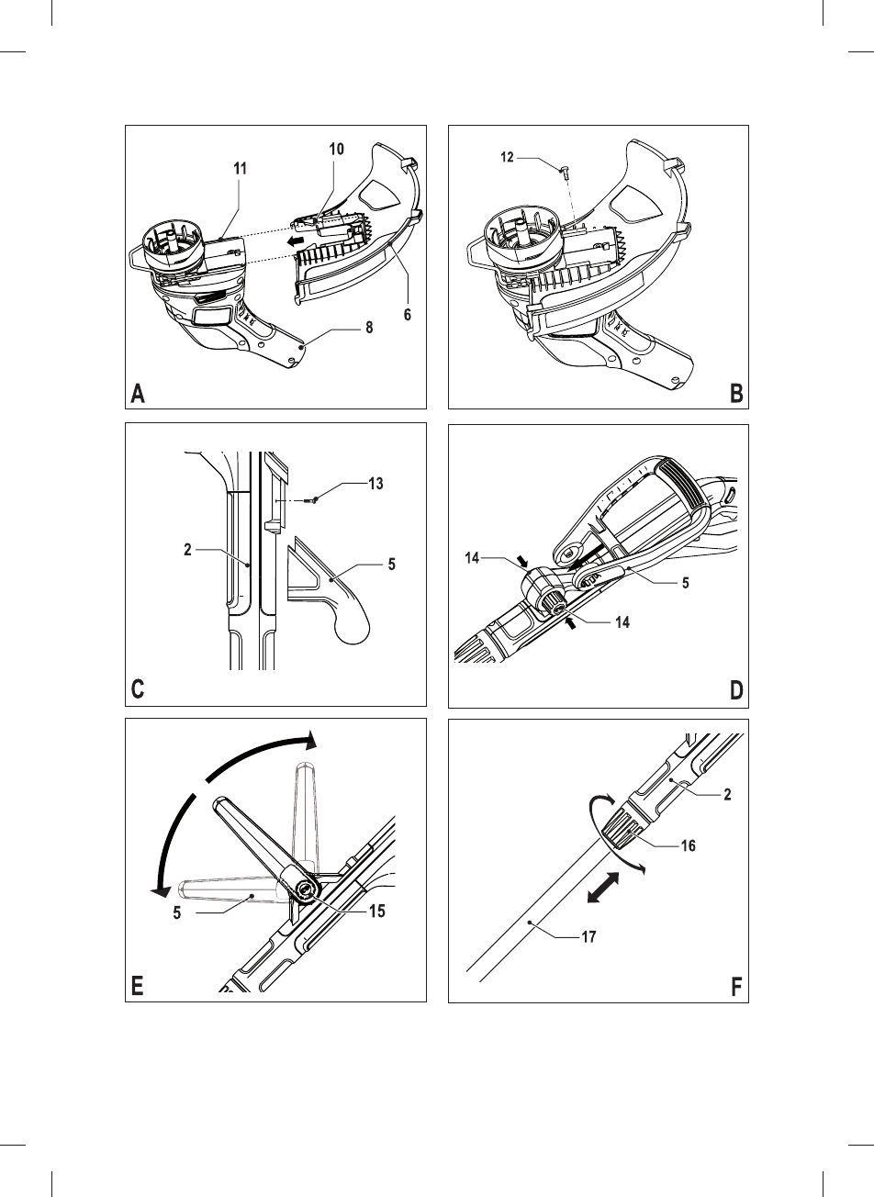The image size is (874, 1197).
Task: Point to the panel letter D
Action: (x=736, y=690)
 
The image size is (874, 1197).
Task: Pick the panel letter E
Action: (x=138, y=987)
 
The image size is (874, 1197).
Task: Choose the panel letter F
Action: (x=736, y=987)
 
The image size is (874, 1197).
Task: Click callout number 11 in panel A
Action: (x=241, y=169)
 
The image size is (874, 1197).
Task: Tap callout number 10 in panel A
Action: (x=337, y=150)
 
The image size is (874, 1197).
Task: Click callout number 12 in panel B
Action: (x=508, y=158)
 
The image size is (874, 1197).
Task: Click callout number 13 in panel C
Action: (x=375, y=485)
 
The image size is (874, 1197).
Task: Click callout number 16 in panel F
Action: (x=688, y=845)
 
